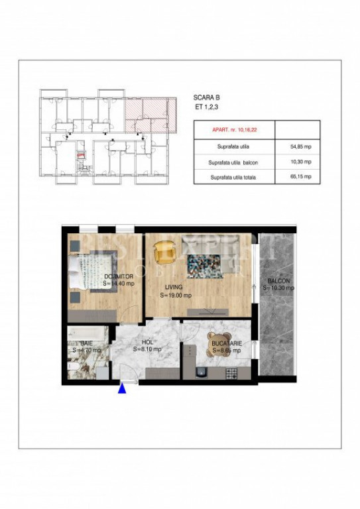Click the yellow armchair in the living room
(162, 253)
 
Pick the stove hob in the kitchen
(233, 374)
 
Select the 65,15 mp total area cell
(296, 177)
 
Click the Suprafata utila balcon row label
(233, 161)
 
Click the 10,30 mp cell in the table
(296, 161)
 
